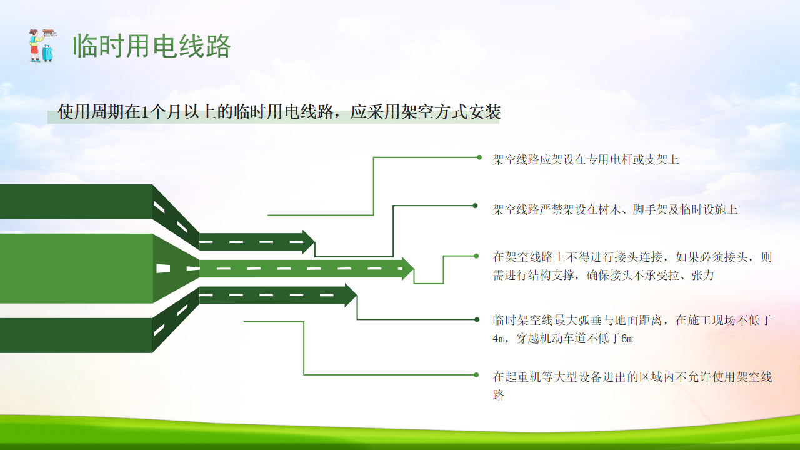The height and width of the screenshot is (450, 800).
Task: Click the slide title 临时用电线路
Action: pos(152,46)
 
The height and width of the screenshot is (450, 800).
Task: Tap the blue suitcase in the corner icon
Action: pos(47,53)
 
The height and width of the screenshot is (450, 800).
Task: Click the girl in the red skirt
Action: pos(34,46)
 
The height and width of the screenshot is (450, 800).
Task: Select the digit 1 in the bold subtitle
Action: pos(145,112)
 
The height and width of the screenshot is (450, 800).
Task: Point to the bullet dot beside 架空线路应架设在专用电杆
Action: pos(479,157)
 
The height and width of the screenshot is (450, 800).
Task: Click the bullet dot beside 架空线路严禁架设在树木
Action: pos(475,206)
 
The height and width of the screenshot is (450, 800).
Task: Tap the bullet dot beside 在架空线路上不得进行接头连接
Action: pos(476,256)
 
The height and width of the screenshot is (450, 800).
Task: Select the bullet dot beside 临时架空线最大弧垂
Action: pos(477,319)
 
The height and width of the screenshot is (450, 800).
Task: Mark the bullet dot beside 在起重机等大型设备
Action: pos(476,375)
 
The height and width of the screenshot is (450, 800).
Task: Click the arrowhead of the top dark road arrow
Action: pos(309,242)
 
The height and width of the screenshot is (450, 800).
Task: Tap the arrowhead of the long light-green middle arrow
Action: pos(408,269)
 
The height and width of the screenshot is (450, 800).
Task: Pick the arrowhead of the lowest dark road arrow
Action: pos(351,296)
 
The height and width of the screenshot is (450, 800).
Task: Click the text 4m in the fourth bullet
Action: pos(499,339)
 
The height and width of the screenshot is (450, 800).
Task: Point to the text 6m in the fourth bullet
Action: pos(627,339)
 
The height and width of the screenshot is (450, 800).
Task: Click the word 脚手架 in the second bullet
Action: pos(650,209)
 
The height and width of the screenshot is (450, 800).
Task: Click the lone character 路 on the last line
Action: pos(499,395)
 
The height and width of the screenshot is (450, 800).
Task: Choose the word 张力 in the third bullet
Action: pos(702,276)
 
